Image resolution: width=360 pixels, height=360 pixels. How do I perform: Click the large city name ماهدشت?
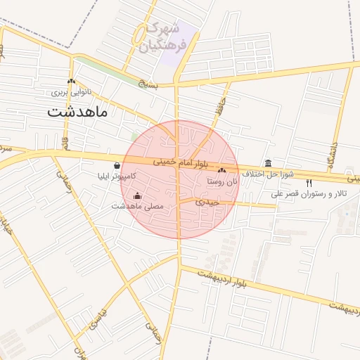pyautogui.click(x=77, y=111)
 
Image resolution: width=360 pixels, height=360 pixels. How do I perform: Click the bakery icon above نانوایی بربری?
pyautogui.click(x=71, y=81)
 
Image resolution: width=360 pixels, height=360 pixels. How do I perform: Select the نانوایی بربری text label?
pyautogui.click(x=70, y=92)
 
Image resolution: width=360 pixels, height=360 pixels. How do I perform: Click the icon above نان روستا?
pyautogui.click(x=222, y=170)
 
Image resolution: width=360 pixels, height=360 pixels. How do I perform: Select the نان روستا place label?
pyautogui.click(x=223, y=181)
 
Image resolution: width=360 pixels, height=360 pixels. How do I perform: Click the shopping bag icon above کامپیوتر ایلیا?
pyautogui.click(x=116, y=166)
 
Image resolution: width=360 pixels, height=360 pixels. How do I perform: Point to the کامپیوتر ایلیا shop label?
pyautogui.click(x=116, y=177)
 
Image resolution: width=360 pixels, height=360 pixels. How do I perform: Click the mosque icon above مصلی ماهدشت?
pyautogui.click(x=137, y=195)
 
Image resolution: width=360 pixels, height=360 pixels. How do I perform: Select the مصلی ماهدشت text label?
pyautogui.click(x=138, y=207)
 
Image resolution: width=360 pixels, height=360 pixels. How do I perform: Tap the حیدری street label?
pyautogui.click(x=209, y=202)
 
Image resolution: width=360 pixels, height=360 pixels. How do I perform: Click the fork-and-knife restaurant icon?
pyautogui.click(x=309, y=183)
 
